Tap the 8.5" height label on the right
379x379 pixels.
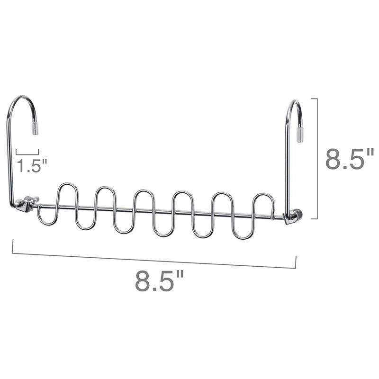(350, 159)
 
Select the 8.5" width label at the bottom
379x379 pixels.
(159, 280)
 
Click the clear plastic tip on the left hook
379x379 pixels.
(35, 128)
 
